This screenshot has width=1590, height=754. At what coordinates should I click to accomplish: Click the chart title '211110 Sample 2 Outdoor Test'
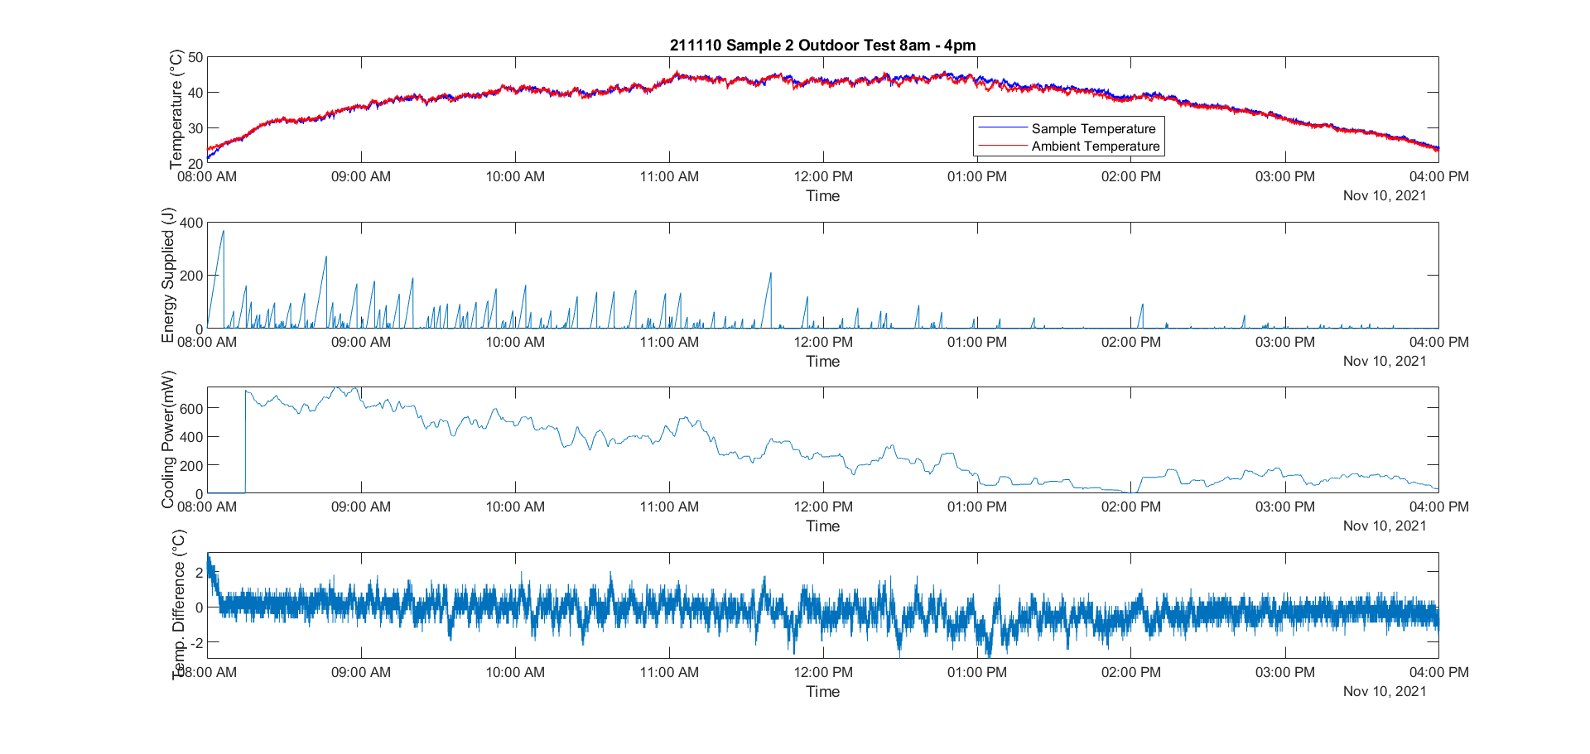[822, 46]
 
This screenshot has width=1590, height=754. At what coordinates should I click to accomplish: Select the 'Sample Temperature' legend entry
[1093, 128]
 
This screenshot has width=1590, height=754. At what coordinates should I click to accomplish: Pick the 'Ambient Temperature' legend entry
[1095, 146]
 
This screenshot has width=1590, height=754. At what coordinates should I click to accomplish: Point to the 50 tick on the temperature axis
[195, 57]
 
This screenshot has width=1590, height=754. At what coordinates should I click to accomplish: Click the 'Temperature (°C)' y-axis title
[176, 109]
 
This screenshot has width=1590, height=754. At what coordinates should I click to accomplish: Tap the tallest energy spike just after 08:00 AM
[223, 233]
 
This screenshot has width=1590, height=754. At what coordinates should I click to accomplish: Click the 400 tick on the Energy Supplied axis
[191, 223]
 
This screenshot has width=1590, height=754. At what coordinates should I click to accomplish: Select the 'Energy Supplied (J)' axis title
[168, 275]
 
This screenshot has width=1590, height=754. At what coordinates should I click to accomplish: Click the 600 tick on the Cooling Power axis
[191, 409]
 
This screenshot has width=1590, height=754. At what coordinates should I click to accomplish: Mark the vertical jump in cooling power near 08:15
[245, 439]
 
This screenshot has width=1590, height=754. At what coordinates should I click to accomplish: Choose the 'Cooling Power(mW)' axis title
[168, 439]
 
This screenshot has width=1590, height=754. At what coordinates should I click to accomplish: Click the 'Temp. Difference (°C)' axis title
[178, 605]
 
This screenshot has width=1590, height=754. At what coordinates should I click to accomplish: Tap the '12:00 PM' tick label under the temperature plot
[822, 176]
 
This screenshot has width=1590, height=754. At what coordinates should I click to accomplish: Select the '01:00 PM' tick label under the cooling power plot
[976, 507]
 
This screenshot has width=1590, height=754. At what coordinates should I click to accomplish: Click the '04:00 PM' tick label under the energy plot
[1438, 342]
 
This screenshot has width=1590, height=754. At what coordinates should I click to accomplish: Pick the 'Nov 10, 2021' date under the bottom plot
[1384, 691]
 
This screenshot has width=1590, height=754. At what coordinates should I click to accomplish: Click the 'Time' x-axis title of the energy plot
[822, 362]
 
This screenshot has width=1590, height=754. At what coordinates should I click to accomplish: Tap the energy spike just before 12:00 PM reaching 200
[770, 275]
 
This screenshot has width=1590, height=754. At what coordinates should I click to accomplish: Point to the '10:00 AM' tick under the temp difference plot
[515, 672]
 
